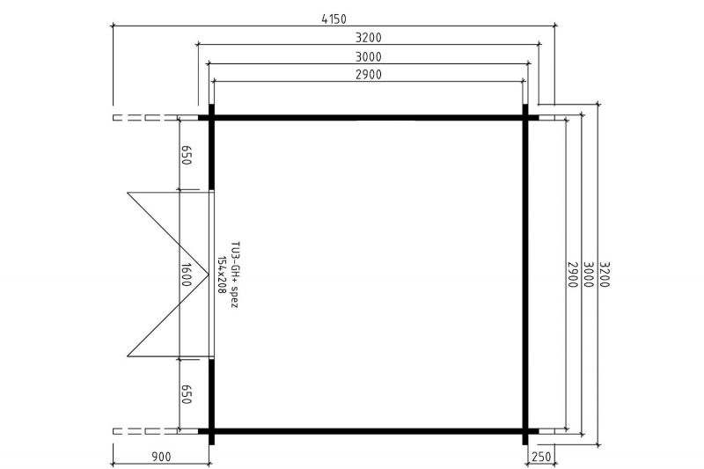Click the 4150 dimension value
tap(334, 18)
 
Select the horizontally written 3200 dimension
tap(368, 38)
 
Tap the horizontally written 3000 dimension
tap(368, 57)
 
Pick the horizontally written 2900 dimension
tap(368, 75)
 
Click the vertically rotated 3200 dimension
tap(605, 275)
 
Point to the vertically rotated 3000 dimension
tap(589, 275)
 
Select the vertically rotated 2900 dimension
tap(573, 275)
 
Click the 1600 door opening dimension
tap(187, 275)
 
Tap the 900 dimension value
tap(161, 457)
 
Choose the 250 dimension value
tap(540, 457)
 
